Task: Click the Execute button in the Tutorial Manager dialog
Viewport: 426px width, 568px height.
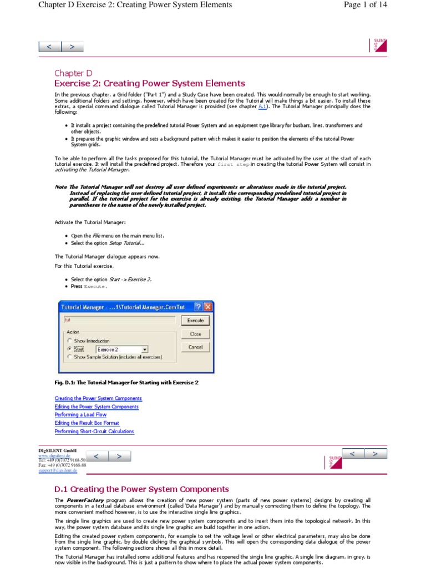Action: click(195, 320)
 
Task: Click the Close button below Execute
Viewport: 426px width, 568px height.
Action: click(195, 334)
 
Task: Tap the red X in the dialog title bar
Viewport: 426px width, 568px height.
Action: click(208, 307)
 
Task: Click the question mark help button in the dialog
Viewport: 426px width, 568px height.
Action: click(197, 307)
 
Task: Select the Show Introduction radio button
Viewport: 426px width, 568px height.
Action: click(69, 341)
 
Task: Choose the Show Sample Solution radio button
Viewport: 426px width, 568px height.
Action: click(69, 357)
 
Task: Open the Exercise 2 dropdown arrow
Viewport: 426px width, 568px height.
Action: click(144, 349)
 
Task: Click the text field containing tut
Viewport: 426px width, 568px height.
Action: click(119, 320)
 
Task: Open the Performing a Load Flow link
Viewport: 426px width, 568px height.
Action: click(80, 415)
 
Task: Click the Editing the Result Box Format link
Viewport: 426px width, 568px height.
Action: click(87, 423)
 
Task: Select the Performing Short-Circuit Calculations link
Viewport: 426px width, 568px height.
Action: click(94, 432)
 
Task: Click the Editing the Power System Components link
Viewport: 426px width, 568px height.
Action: click(96, 407)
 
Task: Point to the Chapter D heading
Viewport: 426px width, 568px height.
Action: click(73, 73)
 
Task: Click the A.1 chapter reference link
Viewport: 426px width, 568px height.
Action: click(263, 107)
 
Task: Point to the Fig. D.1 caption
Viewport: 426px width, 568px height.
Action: click(126, 383)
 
